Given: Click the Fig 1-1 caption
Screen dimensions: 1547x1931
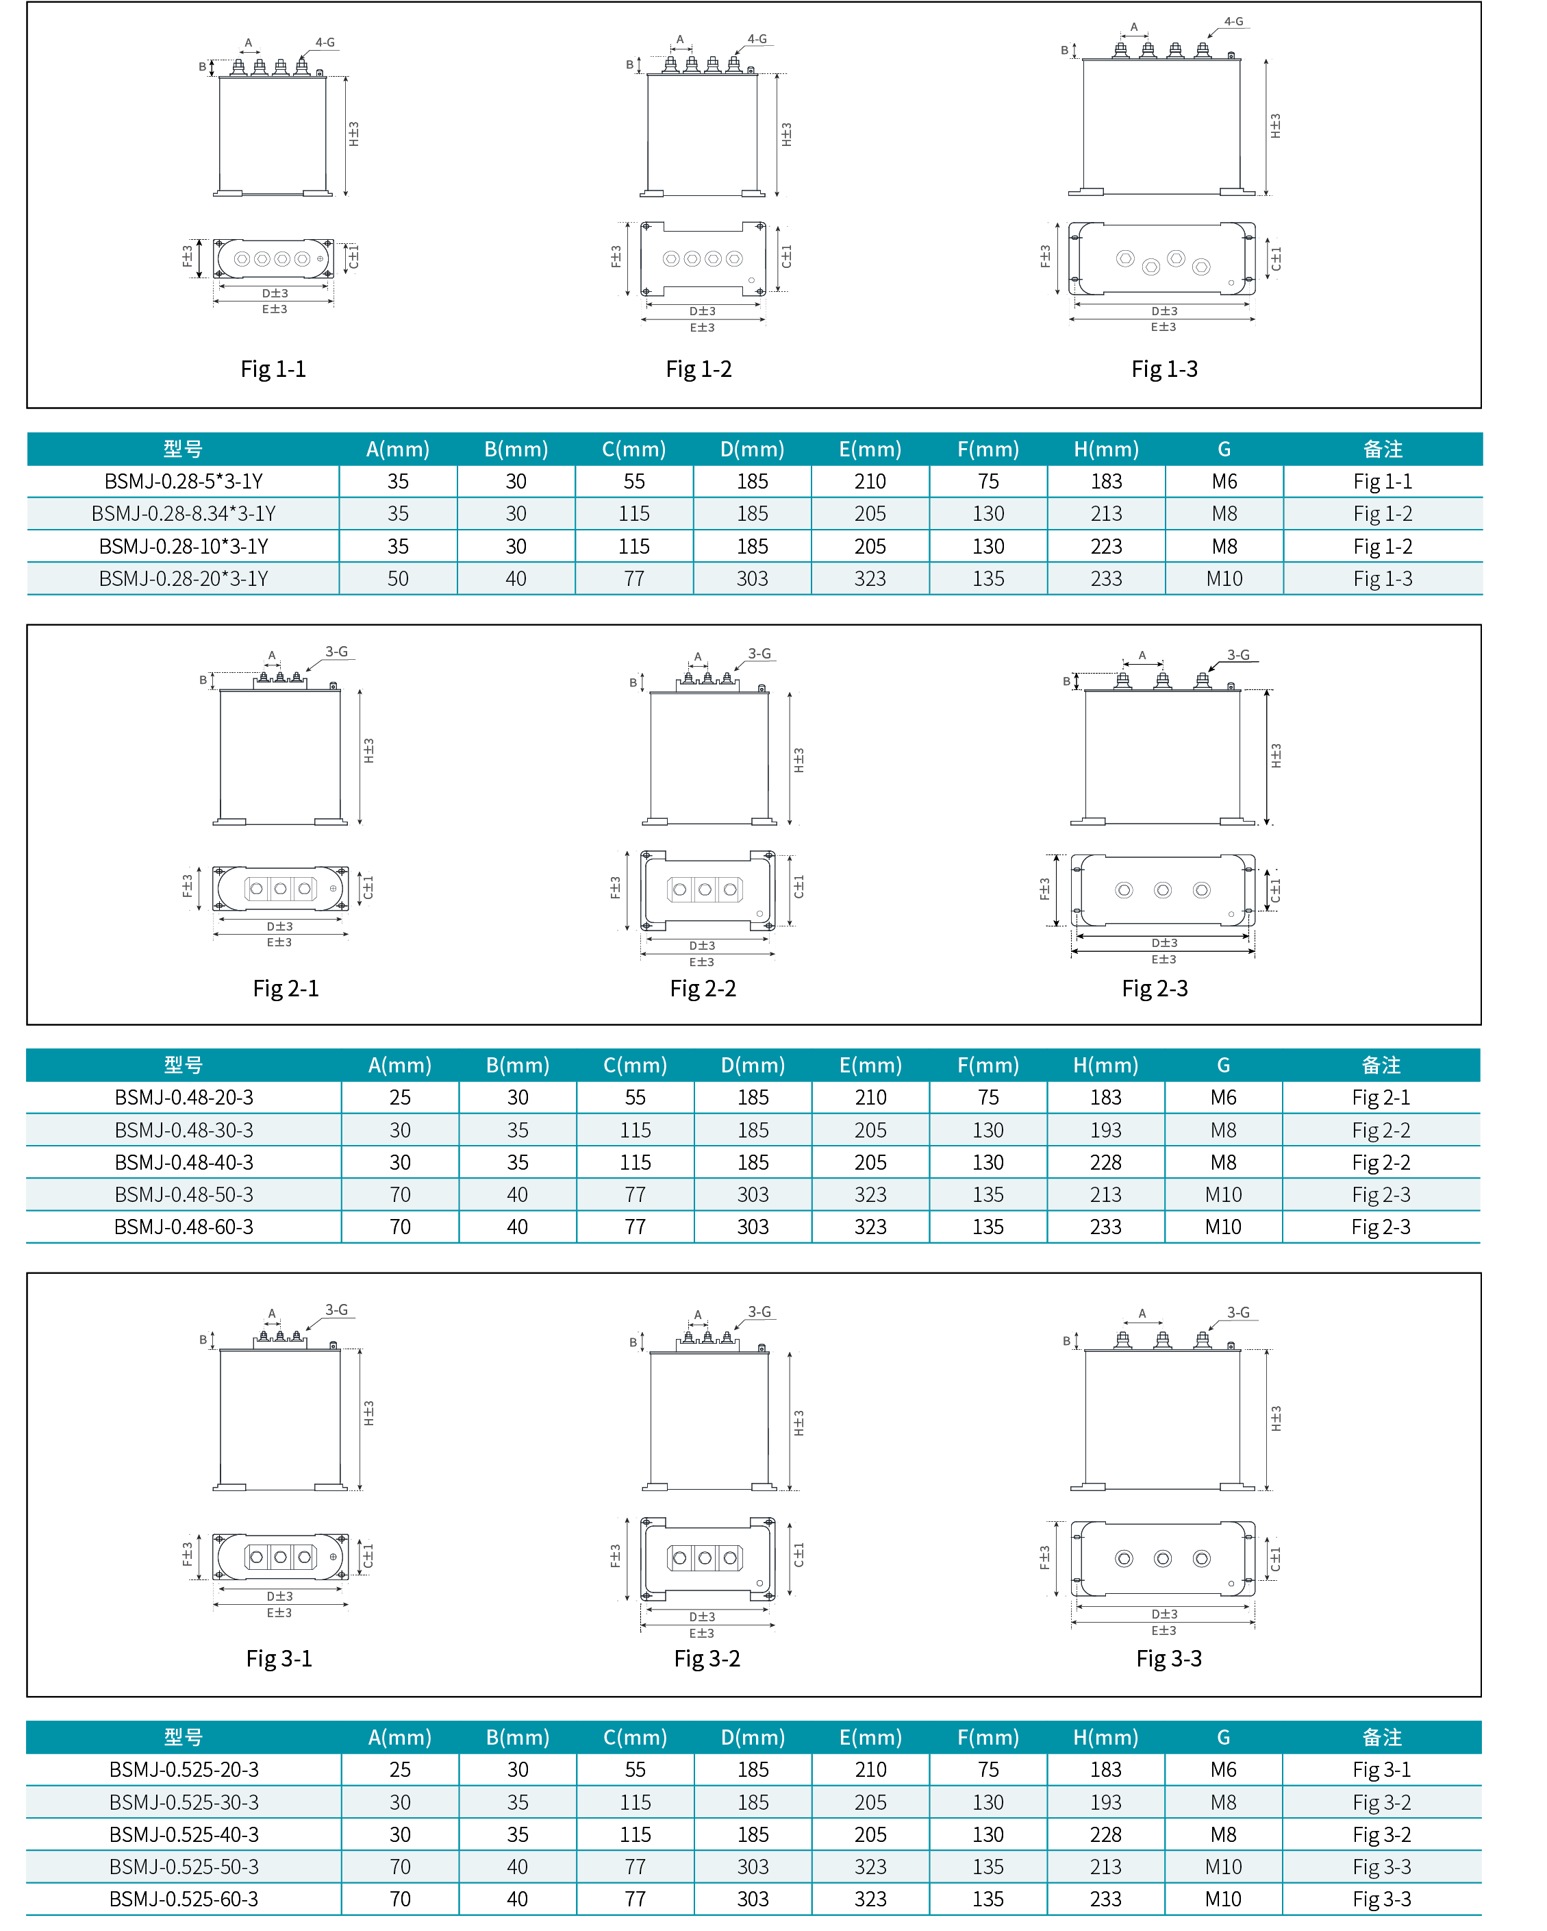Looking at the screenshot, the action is click(x=273, y=369).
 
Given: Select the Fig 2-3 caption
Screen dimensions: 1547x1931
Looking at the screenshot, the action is click(x=1155, y=989).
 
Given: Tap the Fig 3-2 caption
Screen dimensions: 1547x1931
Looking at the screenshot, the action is click(x=707, y=1659).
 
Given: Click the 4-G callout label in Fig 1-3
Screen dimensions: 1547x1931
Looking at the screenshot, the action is click(x=1233, y=21).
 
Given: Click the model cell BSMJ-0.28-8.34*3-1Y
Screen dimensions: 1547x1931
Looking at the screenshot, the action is click(x=184, y=514).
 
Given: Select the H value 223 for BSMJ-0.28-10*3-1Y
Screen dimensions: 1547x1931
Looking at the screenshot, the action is click(x=1107, y=546).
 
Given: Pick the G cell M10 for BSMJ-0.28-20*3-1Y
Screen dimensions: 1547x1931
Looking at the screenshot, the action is click(x=1224, y=578).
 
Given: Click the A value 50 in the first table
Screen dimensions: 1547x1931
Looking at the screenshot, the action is click(x=399, y=578).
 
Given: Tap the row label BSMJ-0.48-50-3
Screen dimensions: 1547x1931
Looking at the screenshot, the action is click(x=184, y=1195).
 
